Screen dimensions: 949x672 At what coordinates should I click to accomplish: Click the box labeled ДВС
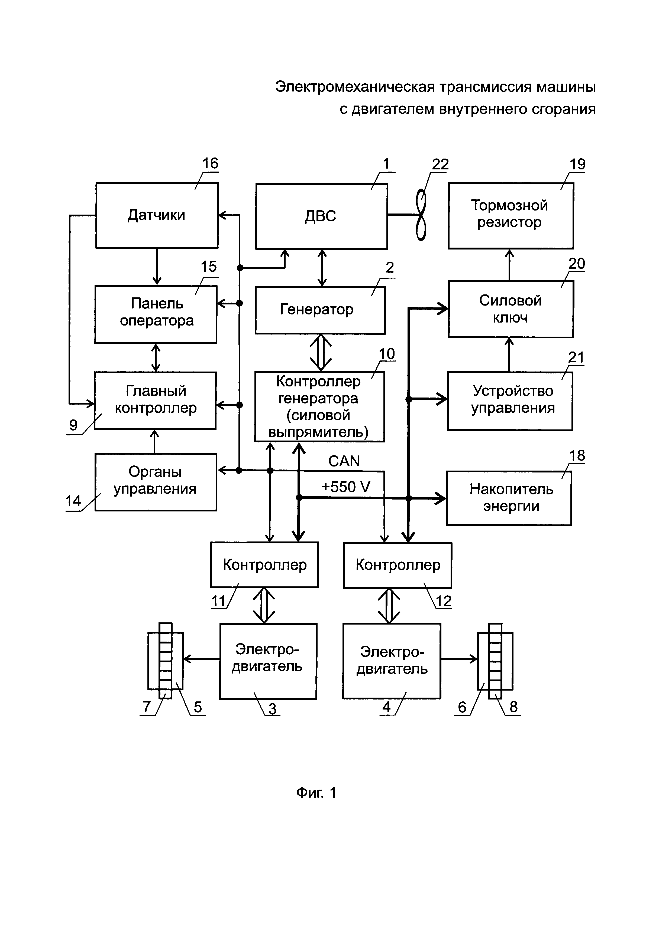point(321,216)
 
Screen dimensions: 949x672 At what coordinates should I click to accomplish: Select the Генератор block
point(320,310)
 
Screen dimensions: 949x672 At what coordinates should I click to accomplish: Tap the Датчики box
point(157,215)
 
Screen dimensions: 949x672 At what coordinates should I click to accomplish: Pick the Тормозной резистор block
point(511,215)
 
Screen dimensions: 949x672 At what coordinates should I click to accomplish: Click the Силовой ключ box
point(511,309)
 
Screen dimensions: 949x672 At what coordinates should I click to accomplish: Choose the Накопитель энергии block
point(509,498)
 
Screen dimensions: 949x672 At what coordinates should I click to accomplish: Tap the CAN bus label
point(344,461)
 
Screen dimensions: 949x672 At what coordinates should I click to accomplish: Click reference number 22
point(440,165)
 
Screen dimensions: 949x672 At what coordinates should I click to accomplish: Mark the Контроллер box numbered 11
point(264,564)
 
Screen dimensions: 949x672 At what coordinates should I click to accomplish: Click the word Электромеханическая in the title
point(355,87)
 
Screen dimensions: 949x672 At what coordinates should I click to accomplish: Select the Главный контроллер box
point(155,400)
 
